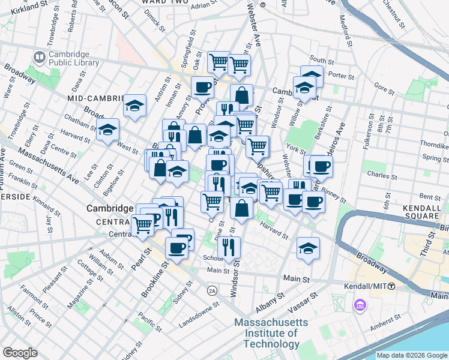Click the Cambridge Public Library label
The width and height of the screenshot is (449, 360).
click(x=69, y=57)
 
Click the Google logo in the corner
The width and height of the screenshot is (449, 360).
click(x=20, y=352)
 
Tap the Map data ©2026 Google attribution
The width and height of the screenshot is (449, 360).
click(x=411, y=355)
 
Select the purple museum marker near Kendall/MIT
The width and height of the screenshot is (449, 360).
click(x=360, y=306)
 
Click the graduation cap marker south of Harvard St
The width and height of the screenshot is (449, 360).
click(x=308, y=248)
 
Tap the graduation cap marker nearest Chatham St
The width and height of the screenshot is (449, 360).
click(x=108, y=129)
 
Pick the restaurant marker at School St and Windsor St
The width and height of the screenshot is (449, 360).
click(x=229, y=247)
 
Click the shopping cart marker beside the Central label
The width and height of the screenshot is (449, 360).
click(x=143, y=225)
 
